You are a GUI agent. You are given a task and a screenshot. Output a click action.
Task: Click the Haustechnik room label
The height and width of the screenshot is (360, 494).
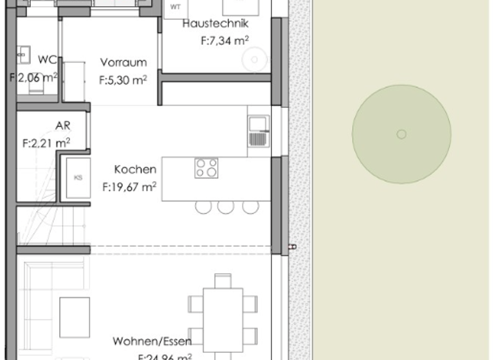coord(215,24)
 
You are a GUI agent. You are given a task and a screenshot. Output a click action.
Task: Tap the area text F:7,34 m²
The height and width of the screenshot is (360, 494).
coord(224,40)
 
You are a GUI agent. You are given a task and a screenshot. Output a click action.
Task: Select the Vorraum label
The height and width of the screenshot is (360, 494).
coord(123,63)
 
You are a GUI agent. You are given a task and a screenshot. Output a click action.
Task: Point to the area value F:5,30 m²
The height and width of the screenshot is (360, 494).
coord(123,80)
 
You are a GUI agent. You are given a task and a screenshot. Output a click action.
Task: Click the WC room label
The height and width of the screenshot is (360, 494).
coord(47,60)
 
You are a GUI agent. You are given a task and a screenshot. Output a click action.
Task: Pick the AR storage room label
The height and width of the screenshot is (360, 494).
coord(62,125)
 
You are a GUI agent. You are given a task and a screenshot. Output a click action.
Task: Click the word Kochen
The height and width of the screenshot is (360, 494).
coord(135,170)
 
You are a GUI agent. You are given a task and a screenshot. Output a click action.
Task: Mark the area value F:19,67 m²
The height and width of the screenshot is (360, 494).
coord(131,187)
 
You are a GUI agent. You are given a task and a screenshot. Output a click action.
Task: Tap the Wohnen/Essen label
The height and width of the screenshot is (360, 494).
coord(152,341)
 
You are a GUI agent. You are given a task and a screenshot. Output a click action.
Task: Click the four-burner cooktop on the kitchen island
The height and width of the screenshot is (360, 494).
coord(206,168)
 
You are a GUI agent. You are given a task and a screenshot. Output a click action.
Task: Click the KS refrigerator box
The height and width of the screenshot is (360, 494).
coord(78,177)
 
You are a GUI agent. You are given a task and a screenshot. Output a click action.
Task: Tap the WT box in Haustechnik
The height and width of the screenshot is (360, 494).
coord(175,8)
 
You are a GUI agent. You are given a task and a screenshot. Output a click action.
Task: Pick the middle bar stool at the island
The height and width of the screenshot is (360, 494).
coord(225,207)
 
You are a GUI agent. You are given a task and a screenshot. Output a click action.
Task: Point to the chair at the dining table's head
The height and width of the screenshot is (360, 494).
coord(223,280)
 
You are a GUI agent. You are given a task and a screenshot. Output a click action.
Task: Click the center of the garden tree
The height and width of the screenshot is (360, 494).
coord(401,134)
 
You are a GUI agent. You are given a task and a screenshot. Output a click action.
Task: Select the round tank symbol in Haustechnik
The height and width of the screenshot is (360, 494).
coord(255,60)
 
